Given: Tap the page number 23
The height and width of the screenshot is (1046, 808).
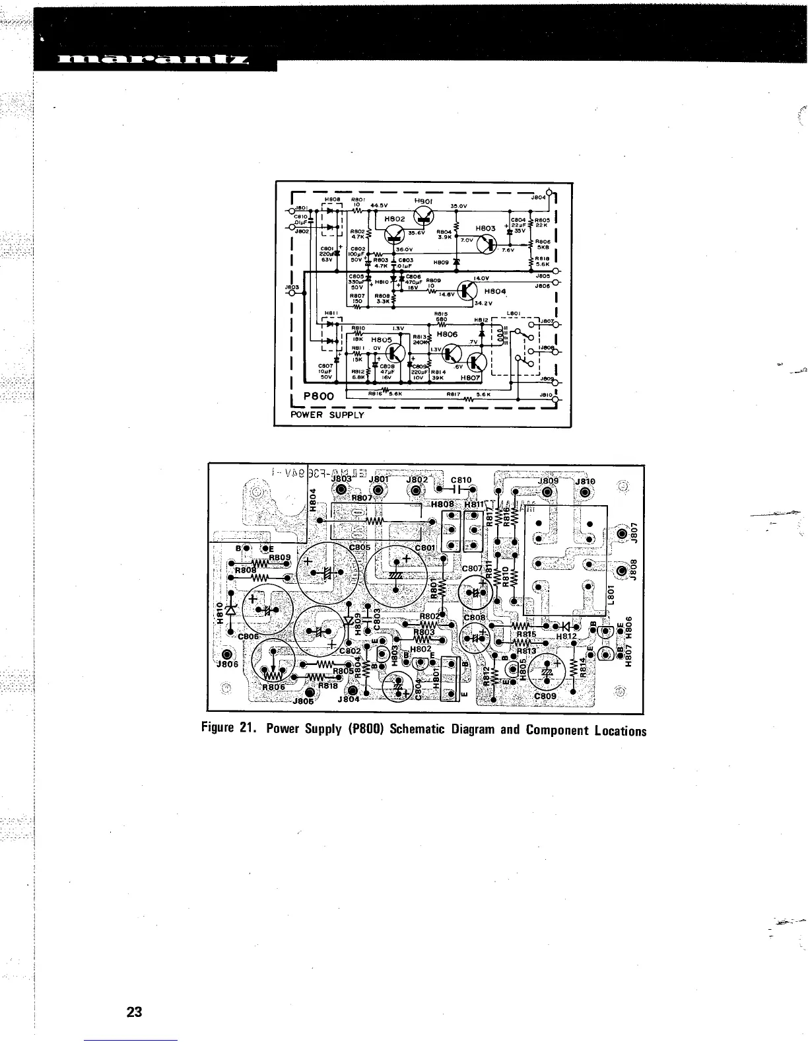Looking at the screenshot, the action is [135, 1012].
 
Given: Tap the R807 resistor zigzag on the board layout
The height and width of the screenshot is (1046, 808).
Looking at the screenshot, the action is [375, 521].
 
